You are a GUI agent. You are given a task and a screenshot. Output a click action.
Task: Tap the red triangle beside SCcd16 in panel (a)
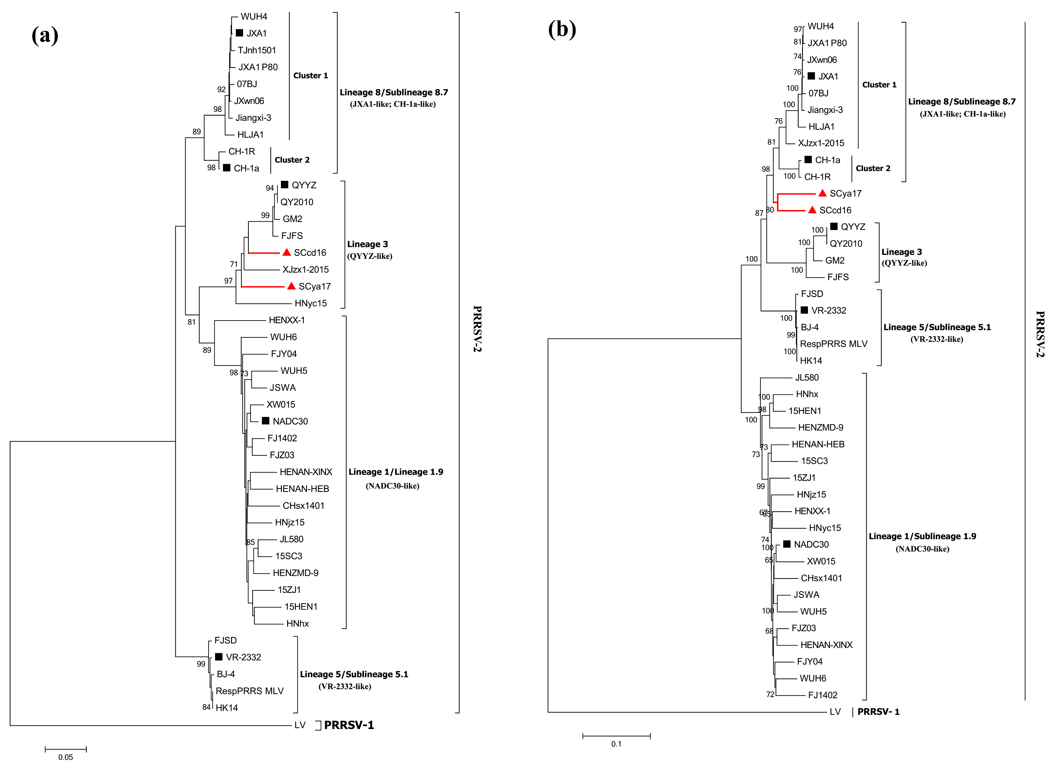(287, 252)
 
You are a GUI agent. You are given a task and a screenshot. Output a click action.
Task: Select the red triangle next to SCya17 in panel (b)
(822, 193)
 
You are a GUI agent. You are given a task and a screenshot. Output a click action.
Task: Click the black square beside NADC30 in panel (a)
(265, 421)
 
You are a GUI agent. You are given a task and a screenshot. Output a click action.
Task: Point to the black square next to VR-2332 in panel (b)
(804, 310)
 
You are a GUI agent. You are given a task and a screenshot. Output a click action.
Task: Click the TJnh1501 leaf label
(257, 50)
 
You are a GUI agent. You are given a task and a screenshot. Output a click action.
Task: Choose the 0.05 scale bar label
(65, 757)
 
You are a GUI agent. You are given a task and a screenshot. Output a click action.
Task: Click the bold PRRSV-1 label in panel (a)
(349, 725)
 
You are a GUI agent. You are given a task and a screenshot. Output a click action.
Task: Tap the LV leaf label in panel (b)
(835, 712)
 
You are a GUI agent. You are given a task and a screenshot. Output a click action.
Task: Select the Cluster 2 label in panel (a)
(292, 160)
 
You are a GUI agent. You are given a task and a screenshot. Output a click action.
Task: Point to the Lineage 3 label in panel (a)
(367, 244)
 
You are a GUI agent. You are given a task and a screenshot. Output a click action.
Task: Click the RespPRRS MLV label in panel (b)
(834, 344)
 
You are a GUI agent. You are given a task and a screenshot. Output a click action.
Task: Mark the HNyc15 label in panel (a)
(311, 303)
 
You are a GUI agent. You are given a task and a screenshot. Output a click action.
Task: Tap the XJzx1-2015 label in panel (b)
(821, 143)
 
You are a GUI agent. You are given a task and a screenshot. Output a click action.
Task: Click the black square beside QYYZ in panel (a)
(285, 185)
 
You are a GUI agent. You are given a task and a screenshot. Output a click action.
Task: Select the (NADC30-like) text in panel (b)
(922, 549)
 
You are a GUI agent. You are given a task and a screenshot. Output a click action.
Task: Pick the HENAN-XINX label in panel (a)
(306, 472)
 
